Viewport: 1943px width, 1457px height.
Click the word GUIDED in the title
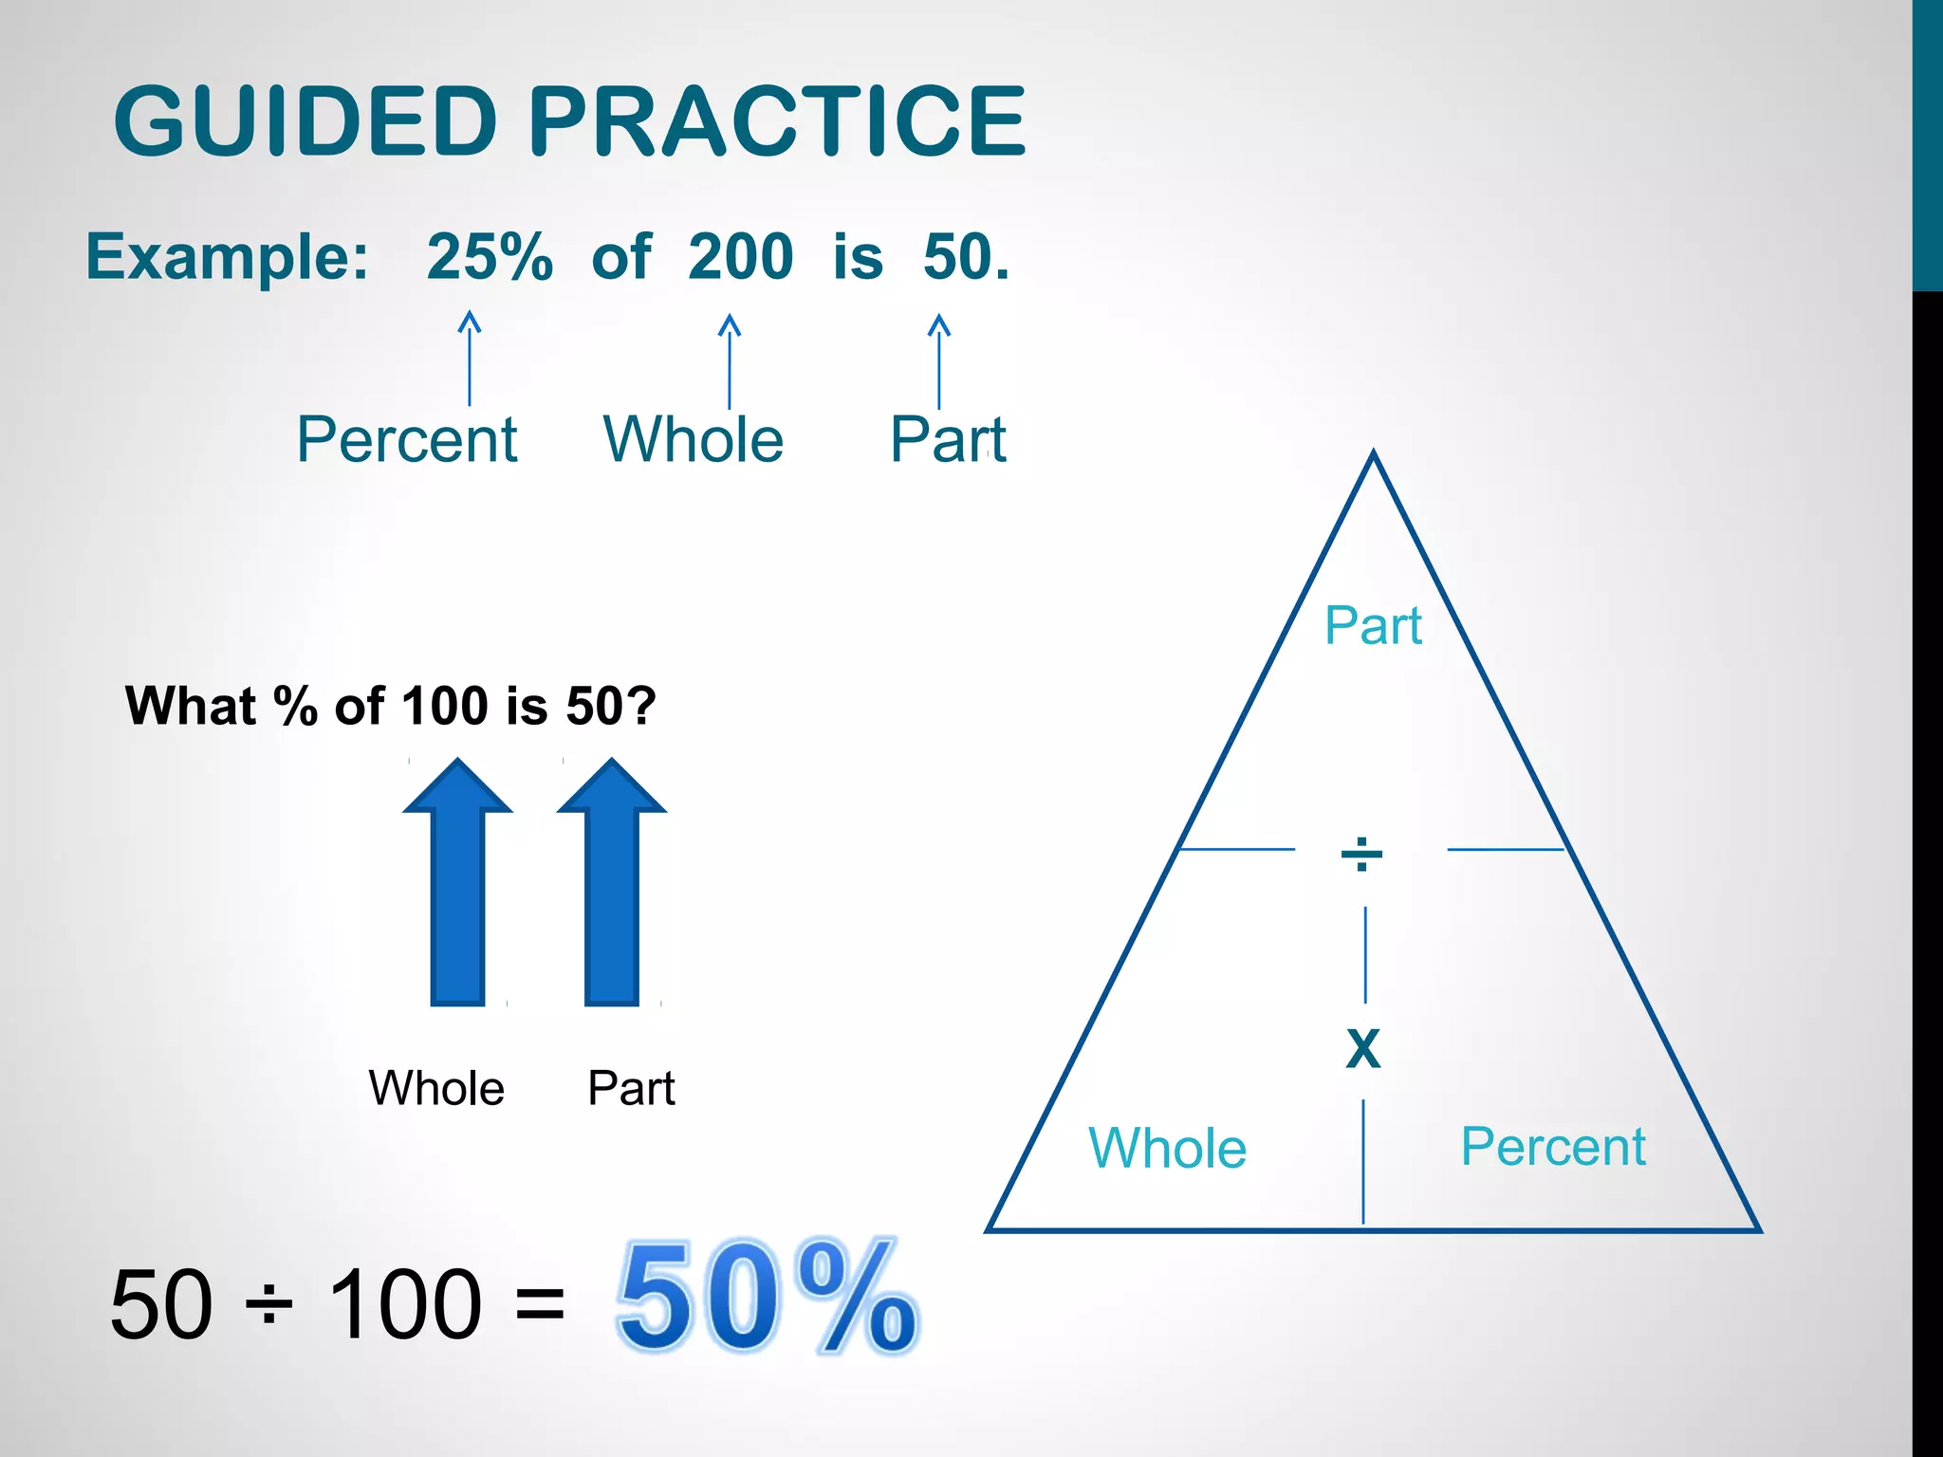pyautogui.click(x=305, y=121)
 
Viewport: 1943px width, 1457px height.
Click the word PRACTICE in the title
pyautogui.click(x=776, y=121)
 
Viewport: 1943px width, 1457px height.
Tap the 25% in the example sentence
pyautogui.click(x=490, y=257)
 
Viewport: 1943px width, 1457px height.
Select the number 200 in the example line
pyautogui.click(x=741, y=257)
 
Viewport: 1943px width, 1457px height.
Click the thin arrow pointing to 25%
pyautogui.click(x=470, y=358)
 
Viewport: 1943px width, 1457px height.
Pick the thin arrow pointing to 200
pyautogui.click(x=729, y=360)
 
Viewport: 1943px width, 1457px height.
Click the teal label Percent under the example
pyautogui.click(x=407, y=439)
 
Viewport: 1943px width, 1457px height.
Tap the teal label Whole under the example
pyautogui.click(x=694, y=439)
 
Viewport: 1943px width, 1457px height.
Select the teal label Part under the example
pyautogui.click(x=948, y=439)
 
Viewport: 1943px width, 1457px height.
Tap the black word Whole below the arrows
pyautogui.click(x=436, y=1088)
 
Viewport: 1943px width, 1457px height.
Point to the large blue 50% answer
pyautogui.click(x=767, y=1296)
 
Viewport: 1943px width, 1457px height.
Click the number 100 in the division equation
pyautogui.click(x=405, y=1305)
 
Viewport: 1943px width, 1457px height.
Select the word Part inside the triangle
pyautogui.click(x=1373, y=626)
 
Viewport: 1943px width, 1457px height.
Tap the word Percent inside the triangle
pyautogui.click(x=1553, y=1146)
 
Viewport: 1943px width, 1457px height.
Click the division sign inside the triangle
pyautogui.click(x=1361, y=854)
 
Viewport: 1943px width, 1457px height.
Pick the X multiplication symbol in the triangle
pyautogui.click(x=1363, y=1049)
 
